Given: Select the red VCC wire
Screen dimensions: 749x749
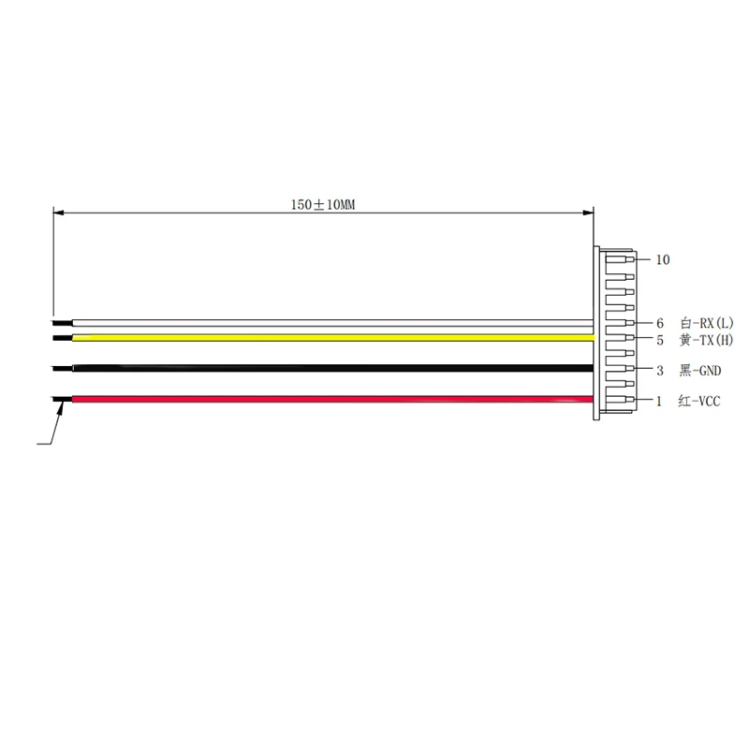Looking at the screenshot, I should (328, 400).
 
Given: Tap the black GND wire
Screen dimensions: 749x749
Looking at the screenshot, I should (328, 368).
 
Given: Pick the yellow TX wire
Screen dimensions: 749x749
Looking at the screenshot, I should (328, 336).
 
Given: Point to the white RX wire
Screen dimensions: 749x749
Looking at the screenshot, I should (328, 323).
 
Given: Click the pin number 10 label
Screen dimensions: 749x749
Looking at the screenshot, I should (663, 260).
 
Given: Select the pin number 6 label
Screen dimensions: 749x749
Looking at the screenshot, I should (659, 323).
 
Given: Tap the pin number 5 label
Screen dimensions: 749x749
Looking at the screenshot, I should (659, 339).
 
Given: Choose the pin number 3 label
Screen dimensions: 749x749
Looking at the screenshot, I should (659, 370).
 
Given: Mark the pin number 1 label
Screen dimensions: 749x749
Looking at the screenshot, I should (659, 402).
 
